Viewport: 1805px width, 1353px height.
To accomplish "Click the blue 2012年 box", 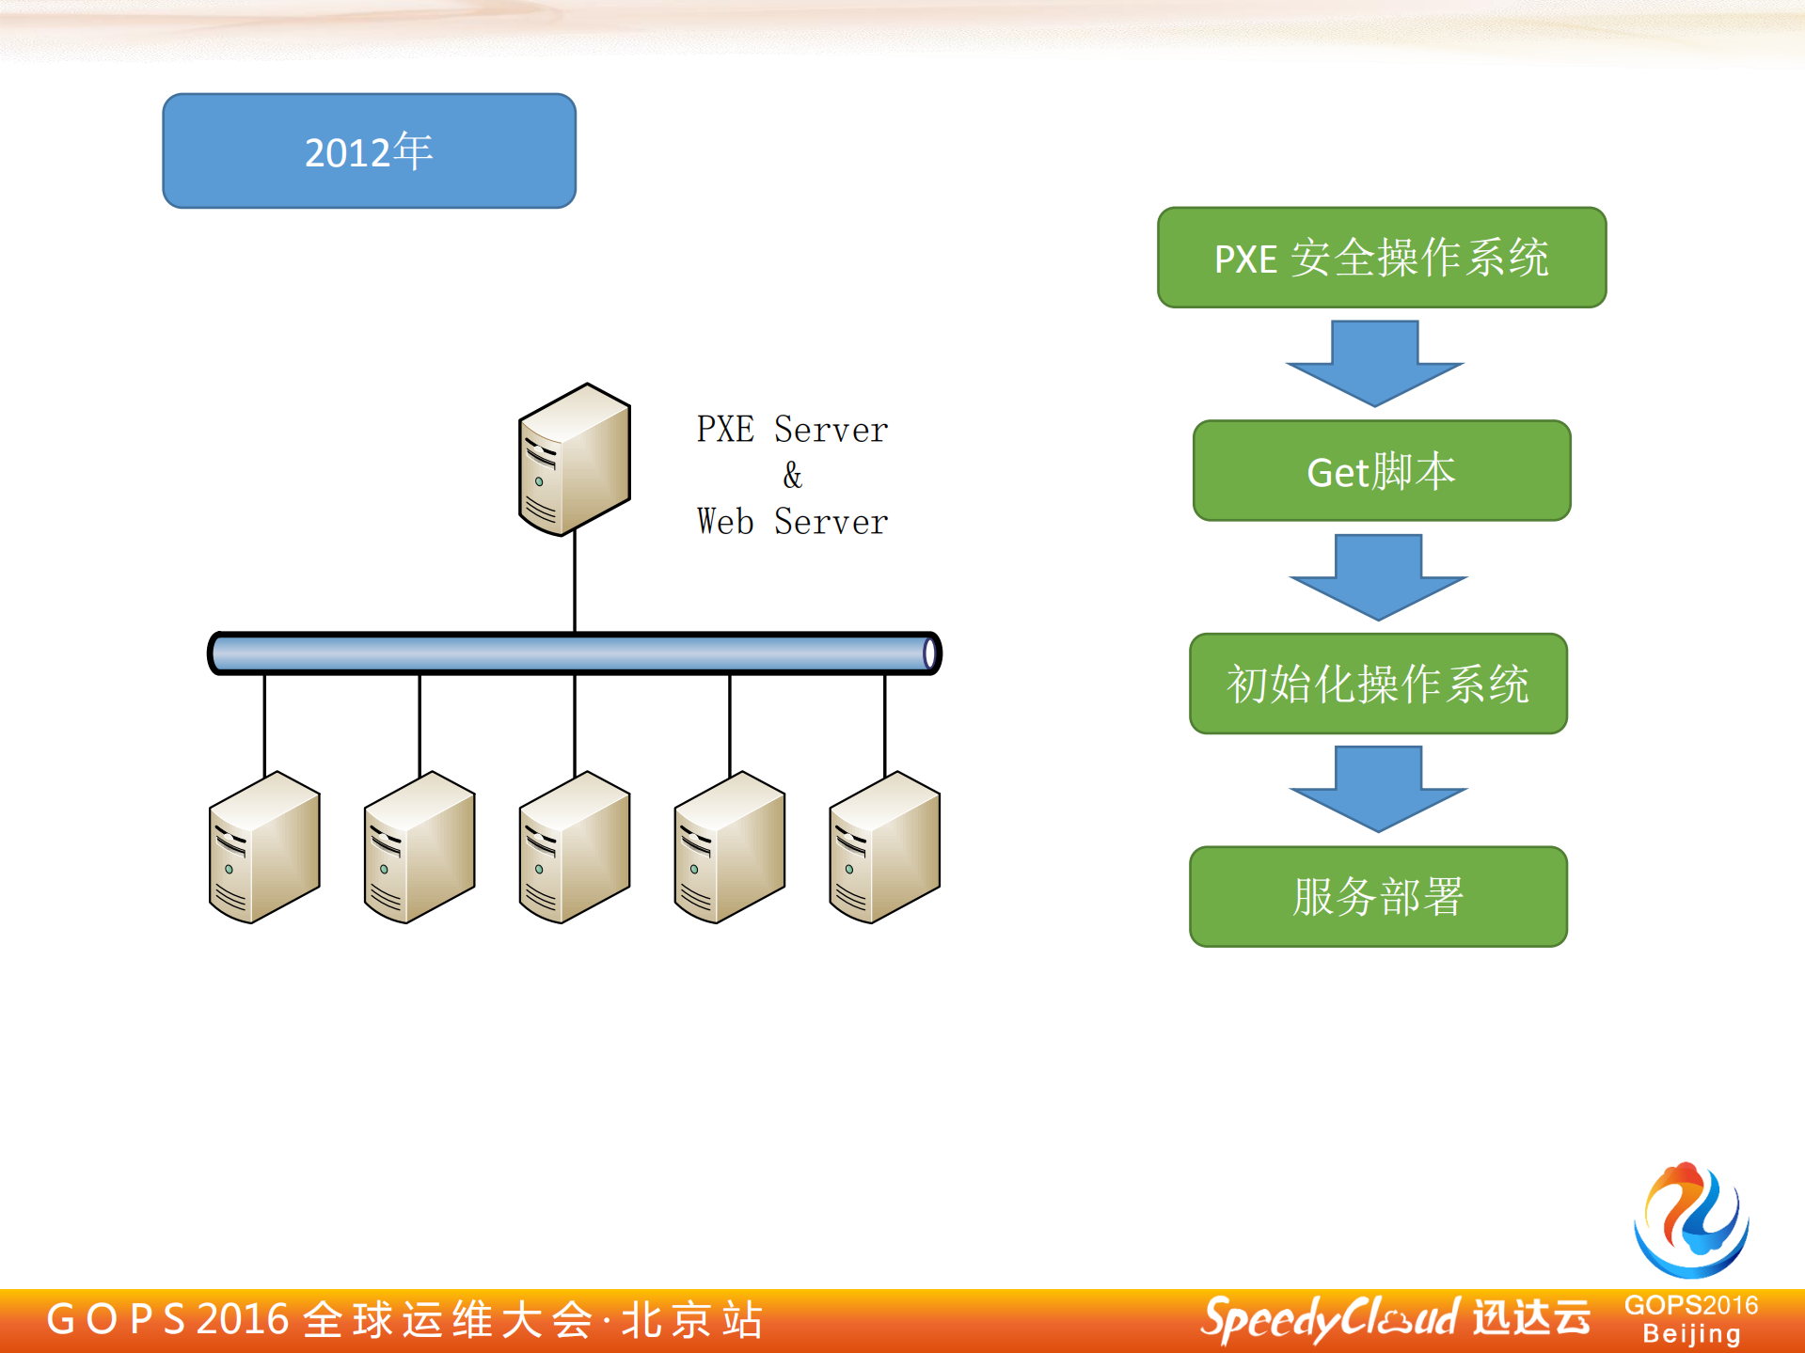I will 369,150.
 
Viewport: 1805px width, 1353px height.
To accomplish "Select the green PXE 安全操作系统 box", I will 1381,258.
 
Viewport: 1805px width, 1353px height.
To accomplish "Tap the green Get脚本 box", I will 1381,471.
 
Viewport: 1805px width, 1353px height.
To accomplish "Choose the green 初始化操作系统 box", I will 1378,684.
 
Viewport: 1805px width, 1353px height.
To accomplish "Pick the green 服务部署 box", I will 1378,896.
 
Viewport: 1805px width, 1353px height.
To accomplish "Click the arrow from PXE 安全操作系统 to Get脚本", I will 1375,363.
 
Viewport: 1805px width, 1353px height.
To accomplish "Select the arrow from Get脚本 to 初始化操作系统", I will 1378,576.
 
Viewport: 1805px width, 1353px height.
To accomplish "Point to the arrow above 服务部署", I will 1378,788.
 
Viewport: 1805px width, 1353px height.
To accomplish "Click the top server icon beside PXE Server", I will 574,460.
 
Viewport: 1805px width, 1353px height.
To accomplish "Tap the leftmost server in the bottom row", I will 264,848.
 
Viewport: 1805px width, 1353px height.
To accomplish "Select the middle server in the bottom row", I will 574,848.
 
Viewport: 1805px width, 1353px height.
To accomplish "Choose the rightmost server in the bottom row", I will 884,848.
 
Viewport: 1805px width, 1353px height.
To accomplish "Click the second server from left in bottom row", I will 420,848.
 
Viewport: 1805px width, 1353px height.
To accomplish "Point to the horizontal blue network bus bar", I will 574,653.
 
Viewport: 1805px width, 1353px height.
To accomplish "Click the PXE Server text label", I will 792,430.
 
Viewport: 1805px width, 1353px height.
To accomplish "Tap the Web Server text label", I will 792,522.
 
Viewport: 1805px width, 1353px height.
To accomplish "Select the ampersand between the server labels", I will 792,476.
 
